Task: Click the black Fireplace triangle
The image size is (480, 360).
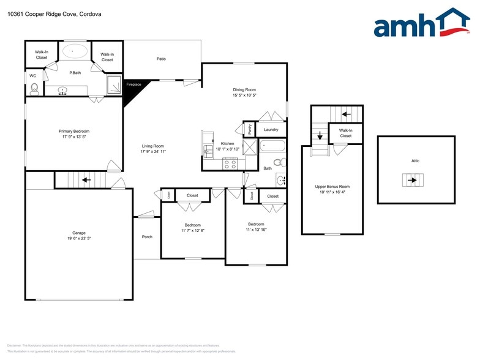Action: click(131, 90)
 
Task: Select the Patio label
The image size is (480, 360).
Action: click(161, 59)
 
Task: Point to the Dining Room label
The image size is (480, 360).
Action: click(244, 90)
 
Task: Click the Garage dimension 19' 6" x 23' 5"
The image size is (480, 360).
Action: click(79, 238)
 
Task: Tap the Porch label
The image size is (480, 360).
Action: click(147, 237)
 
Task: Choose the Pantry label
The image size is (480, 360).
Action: click(250, 130)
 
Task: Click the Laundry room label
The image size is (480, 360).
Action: click(271, 130)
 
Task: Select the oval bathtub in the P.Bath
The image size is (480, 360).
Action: click(75, 52)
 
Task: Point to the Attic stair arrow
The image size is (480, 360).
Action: click(411, 180)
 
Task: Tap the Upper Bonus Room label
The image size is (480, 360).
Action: click(332, 187)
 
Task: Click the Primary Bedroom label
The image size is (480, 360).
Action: click(74, 131)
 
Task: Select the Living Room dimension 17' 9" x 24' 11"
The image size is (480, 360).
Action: click(153, 151)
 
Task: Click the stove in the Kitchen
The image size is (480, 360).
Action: click(230, 163)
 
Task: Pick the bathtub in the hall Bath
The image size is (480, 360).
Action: click(272, 146)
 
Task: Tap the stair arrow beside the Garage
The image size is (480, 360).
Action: click(86, 180)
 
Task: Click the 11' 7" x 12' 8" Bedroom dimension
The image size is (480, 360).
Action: click(193, 231)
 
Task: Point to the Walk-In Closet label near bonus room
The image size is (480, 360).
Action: click(345, 133)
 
